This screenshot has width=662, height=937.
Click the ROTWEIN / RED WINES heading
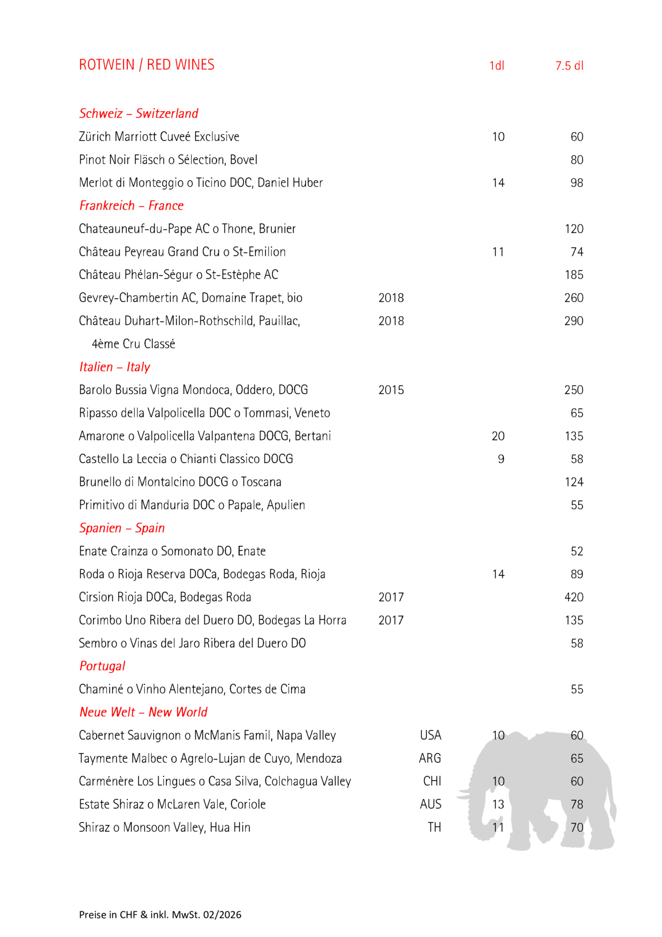[x=146, y=65]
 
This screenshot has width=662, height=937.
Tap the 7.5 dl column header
[x=569, y=66]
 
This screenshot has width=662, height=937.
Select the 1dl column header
[x=496, y=66]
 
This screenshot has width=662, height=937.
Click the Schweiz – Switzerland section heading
[x=139, y=113]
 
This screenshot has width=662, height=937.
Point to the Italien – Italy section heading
[x=114, y=367]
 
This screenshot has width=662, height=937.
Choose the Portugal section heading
[x=102, y=666]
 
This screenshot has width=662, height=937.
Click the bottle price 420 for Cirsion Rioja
[x=574, y=598]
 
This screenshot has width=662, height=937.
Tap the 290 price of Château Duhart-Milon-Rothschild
[x=574, y=321]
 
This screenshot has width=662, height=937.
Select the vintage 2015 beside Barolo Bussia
[x=391, y=390]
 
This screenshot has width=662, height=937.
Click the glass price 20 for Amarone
[x=498, y=436]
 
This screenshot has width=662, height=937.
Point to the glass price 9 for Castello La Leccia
[x=501, y=459]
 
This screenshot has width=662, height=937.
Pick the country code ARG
[x=430, y=758]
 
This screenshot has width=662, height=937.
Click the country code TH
[x=434, y=827]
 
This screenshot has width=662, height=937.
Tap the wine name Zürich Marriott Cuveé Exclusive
[x=159, y=137]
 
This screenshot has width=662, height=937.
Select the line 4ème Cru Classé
[x=133, y=344]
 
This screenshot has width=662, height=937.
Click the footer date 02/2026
[x=222, y=915]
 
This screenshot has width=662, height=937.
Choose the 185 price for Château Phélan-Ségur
[x=574, y=275]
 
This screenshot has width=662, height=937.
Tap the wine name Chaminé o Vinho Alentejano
[x=192, y=689]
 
